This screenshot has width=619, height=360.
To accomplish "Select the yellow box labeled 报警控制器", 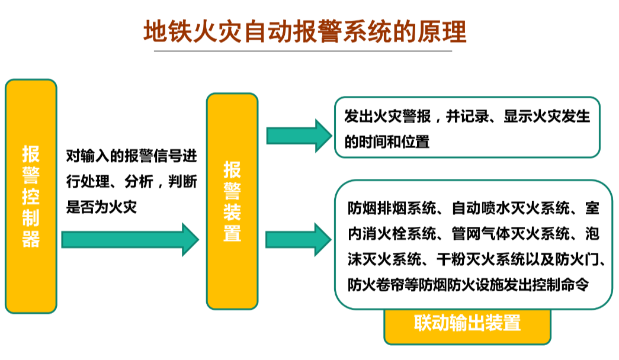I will click(x=31, y=196).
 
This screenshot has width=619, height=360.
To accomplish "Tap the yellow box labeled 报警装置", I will click(x=232, y=201).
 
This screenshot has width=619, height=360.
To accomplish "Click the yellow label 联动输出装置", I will click(x=467, y=323).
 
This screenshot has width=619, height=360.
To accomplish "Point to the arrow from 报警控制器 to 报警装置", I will click(x=130, y=239).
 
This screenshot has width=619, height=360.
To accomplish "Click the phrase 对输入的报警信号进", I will click(x=131, y=156).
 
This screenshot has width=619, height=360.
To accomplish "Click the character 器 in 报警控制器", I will click(x=31, y=239).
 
